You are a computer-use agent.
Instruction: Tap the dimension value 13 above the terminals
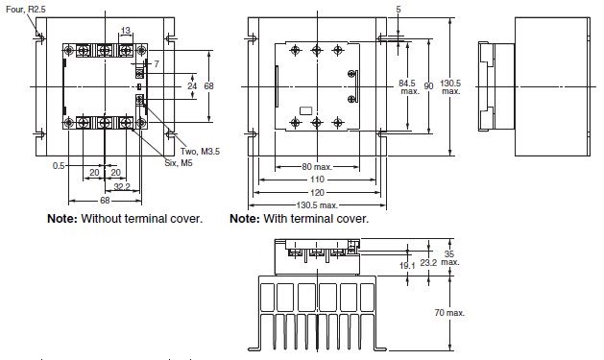coord(125,30)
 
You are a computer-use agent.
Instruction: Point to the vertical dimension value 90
coord(427,86)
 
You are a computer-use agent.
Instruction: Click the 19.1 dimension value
coord(406,265)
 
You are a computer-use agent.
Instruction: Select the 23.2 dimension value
coord(428,260)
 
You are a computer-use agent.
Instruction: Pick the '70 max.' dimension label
coord(449,313)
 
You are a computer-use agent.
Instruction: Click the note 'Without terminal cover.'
coord(124,219)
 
